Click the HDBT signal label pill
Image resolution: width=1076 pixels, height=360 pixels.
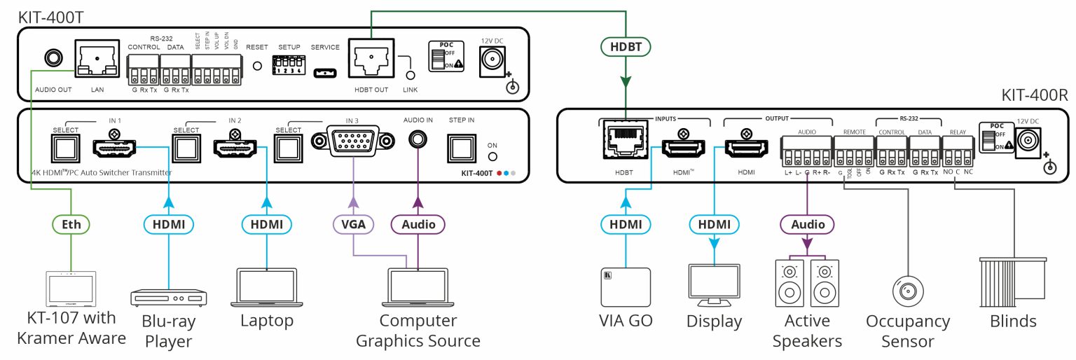(x=626, y=47)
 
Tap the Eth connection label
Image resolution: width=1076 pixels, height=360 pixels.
(x=70, y=224)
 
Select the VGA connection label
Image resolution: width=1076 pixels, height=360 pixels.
(x=352, y=224)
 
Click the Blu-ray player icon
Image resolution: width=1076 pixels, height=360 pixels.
(x=168, y=297)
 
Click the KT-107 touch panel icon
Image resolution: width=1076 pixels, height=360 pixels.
(x=70, y=289)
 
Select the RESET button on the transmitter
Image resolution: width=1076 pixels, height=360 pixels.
(x=257, y=67)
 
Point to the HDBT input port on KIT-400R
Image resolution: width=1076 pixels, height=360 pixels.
(x=626, y=148)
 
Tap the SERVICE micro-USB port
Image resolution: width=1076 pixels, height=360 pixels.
(x=324, y=71)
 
